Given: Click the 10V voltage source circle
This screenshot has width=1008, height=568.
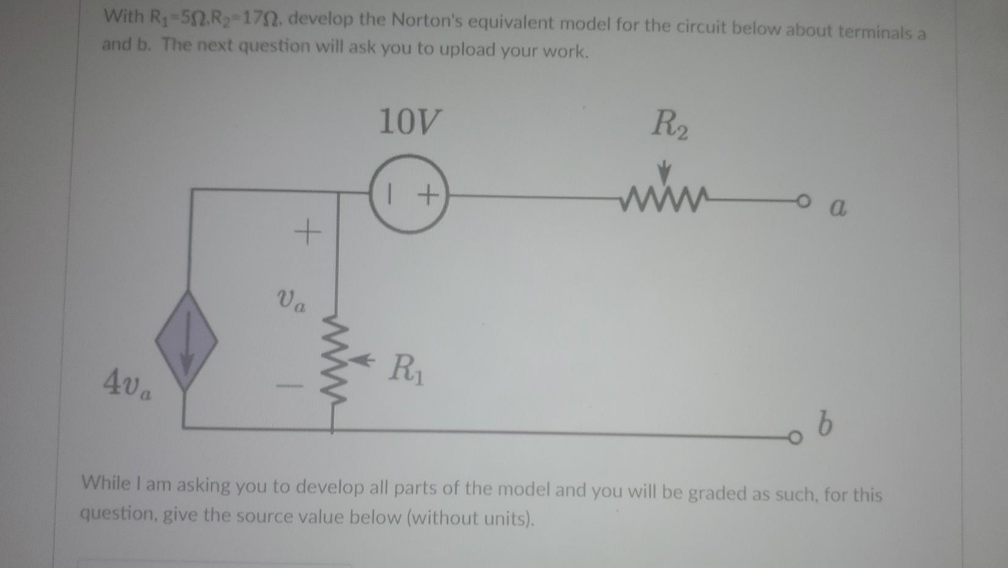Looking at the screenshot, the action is (409, 194).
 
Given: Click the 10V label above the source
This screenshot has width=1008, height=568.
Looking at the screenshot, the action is (409, 121).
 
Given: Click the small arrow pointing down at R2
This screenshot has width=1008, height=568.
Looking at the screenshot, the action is (666, 172).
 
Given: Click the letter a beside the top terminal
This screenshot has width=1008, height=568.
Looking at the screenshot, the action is (837, 208).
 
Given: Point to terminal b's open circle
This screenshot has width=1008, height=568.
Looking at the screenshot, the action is (793, 437).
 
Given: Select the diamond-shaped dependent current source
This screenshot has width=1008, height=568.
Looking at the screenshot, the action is (186, 340).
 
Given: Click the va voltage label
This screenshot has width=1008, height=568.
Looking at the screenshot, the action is (291, 300).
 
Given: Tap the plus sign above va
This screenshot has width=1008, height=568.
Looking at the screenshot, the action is (307, 233).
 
